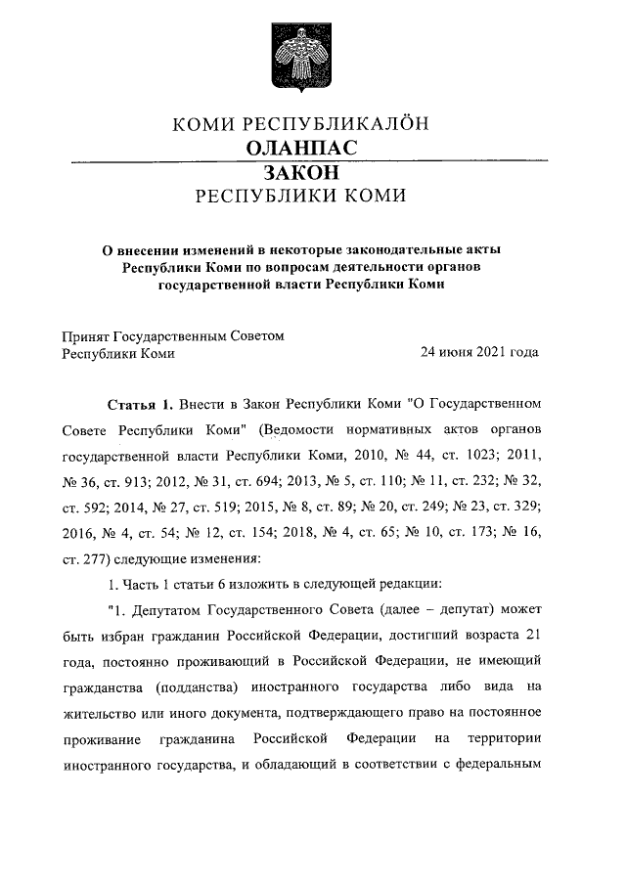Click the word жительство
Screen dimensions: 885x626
tap(102, 710)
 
